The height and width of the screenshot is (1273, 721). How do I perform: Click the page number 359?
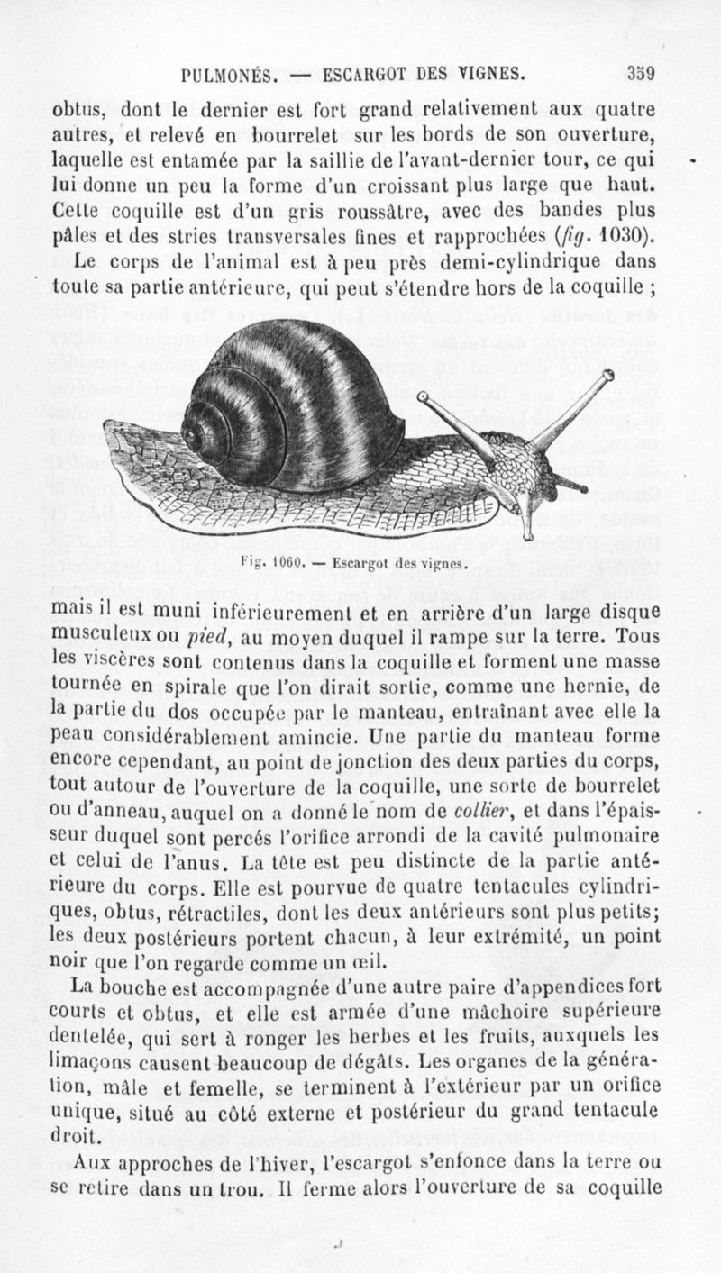[x=641, y=73]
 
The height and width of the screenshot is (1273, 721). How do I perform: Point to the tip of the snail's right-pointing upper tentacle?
[x=607, y=375]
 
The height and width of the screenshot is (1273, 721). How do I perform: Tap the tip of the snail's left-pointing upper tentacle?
[x=422, y=396]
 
